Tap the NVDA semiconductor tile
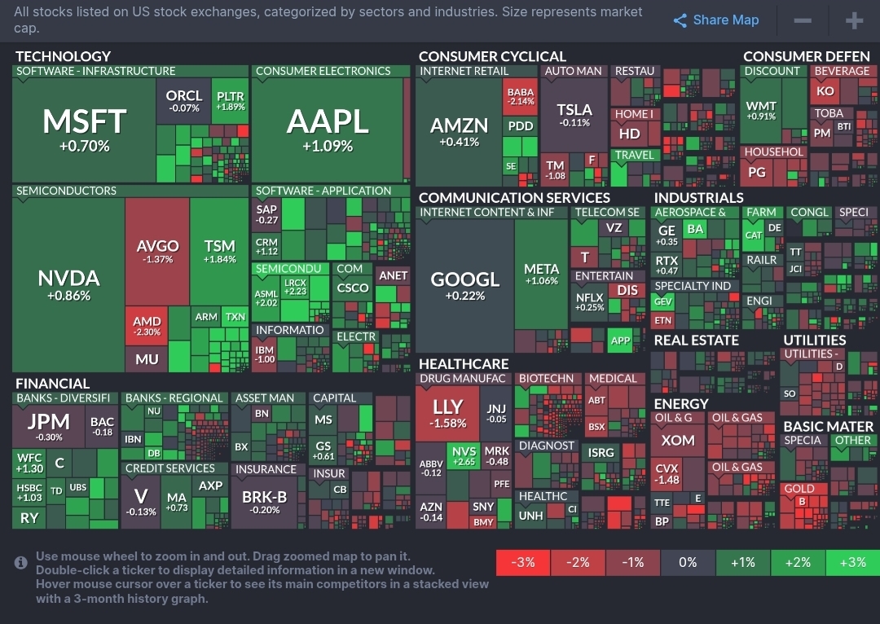pos(68,285)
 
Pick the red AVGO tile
pos(156,251)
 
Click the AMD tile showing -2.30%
pos(147,326)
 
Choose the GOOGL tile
pos(464,285)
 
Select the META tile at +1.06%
pos(542,274)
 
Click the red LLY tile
pos(447,414)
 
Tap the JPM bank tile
pos(49,427)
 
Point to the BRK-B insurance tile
pos(265,502)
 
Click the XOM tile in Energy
pos(678,441)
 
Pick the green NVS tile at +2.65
pos(464,456)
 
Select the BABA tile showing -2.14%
pos(521,97)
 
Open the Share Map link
pos(716,20)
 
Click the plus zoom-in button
pos(854,20)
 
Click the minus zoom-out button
pos(803,20)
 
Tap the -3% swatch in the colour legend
pos(523,562)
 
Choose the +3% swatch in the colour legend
pos(852,562)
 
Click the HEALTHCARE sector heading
pos(463,364)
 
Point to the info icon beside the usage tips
pos(21,562)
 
